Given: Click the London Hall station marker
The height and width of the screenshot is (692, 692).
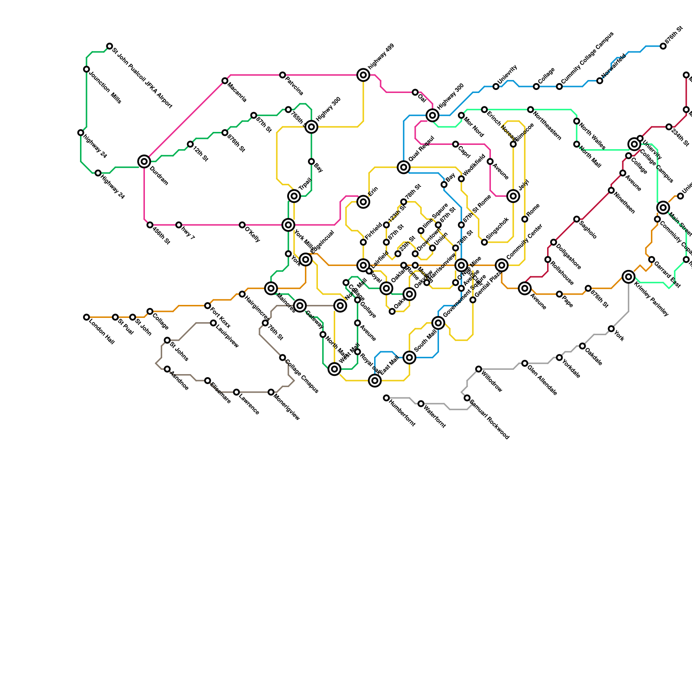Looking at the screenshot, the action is tap(86, 317).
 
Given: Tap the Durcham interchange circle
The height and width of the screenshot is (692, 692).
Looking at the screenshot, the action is tap(144, 161).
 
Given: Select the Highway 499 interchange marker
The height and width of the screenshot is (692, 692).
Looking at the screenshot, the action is tap(363, 75).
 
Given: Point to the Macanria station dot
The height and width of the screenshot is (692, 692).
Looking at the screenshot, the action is tap(225, 81).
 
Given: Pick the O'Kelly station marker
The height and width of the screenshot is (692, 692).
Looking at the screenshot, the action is tap(242, 225).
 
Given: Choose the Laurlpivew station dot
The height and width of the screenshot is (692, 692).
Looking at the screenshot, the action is tap(213, 323).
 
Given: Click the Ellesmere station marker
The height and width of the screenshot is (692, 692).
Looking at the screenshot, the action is tap(208, 381).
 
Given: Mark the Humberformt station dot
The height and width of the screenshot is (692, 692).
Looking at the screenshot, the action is tap(386, 398).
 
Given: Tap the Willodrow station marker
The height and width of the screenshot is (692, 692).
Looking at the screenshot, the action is tap(478, 369).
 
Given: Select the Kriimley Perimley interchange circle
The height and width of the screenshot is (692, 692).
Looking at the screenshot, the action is tap(628, 277).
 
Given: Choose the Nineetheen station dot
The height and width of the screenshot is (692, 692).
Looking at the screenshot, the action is tap(611, 190).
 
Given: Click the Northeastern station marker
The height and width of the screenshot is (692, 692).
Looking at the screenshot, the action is tap(530, 109).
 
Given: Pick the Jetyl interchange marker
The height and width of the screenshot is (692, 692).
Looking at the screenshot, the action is tap(513, 196).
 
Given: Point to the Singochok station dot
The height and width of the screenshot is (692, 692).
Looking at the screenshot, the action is tap(484, 242).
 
